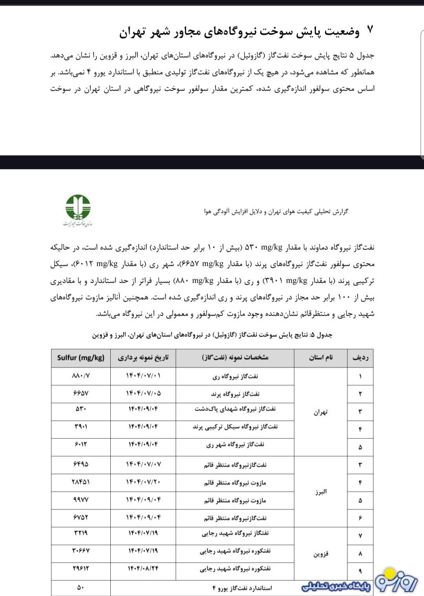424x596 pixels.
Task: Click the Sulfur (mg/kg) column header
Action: coord(81,358)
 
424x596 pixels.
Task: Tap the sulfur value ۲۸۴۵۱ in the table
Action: coord(81,482)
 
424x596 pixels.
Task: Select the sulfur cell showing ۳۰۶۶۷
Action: coord(81,551)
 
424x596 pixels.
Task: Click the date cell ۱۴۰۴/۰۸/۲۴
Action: coord(143,568)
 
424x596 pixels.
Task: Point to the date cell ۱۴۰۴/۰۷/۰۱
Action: coord(143,376)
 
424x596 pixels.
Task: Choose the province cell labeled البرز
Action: coord(321,492)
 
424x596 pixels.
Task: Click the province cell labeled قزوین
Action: coord(321,554)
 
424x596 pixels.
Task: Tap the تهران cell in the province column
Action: coord(321,412)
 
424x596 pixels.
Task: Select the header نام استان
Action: coord(321,358)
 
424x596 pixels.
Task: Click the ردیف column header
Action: coord(360,358)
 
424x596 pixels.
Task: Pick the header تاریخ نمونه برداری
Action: coord(143,358)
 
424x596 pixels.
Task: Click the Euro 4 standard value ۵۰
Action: coord(81,588)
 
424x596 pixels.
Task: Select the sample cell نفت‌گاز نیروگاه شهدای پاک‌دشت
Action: coord(235,409)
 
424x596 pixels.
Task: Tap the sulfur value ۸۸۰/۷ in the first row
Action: coord(81,376)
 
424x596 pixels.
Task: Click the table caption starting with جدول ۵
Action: coord(212,335)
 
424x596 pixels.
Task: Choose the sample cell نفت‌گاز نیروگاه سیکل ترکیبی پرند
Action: coord(235,427)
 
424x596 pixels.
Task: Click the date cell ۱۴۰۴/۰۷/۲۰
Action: coord(143,482)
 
